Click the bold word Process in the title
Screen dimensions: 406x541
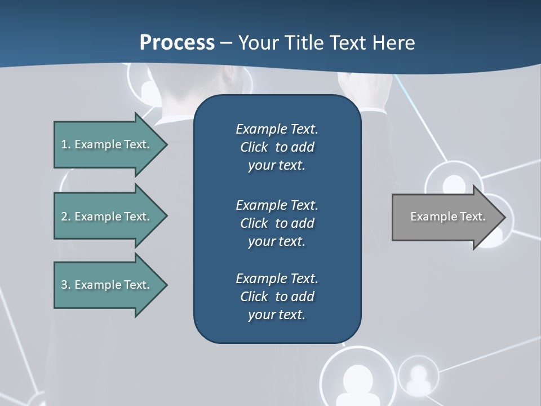[177, 43]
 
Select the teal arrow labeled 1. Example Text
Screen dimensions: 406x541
[107, 144]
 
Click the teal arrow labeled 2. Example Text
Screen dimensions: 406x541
[107, 217]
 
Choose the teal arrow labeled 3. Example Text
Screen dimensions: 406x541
[107, 285]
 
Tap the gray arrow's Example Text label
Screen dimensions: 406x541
[448, 217]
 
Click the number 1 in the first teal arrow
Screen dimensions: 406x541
[64, 144]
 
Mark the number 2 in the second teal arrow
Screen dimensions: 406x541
[64, 217]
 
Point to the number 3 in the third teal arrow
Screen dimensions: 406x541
[64, 285]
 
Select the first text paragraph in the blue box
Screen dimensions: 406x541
[277, 147]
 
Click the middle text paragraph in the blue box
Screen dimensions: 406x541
[277, 223]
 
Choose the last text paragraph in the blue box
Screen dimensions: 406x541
[277, 297]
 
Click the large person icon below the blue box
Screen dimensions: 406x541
[357, 379]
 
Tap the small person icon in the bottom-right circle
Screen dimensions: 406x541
[418, 377]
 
